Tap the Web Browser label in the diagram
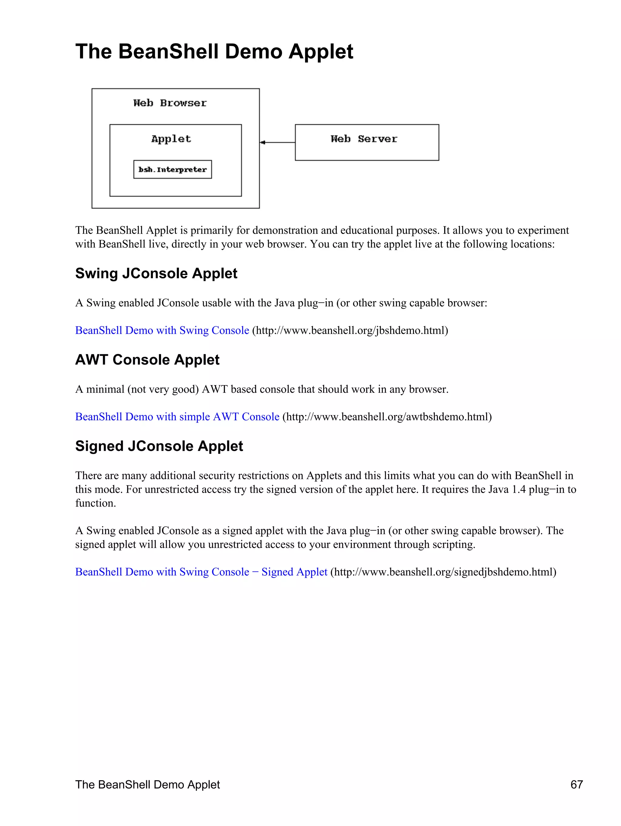(170, 103)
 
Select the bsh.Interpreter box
(173, 169)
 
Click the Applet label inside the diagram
(171, 139)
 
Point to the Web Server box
(367, 142)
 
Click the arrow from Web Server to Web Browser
(277, 142)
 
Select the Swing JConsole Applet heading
(156, 273)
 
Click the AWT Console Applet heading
(147, 360)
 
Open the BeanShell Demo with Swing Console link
(162, 331)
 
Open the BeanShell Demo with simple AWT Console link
(177, 417)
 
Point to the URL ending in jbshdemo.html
(350, 331)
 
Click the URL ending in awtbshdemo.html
(387, 417)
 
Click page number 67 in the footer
(576, 784)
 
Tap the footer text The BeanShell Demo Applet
(147, 784)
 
